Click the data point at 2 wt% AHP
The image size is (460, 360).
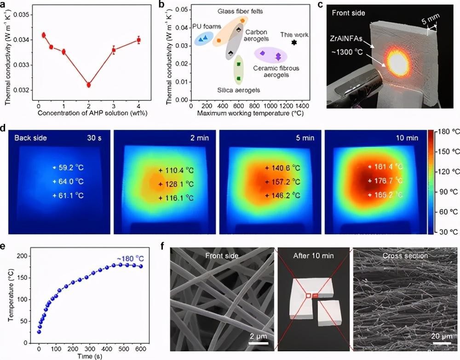click(89, 85)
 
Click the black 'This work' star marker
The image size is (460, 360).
click(294, 42)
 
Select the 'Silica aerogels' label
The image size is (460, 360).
click(238, 90)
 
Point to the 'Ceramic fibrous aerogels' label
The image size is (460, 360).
click(276, 71)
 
